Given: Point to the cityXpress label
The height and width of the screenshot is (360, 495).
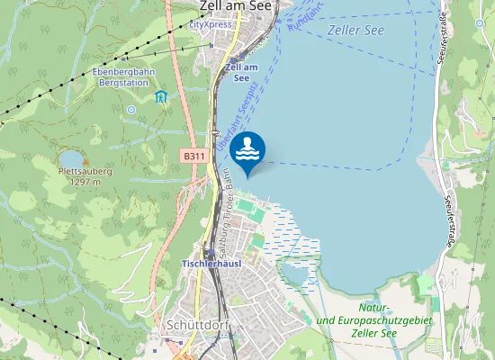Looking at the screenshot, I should (x=211, y=24).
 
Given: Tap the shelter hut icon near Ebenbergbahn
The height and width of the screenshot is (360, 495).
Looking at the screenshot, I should (x=160, y=96).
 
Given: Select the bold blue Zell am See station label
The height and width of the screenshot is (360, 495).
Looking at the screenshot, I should (x=241, y=73).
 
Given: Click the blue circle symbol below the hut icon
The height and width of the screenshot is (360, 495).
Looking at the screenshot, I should (x=131, y=110).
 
